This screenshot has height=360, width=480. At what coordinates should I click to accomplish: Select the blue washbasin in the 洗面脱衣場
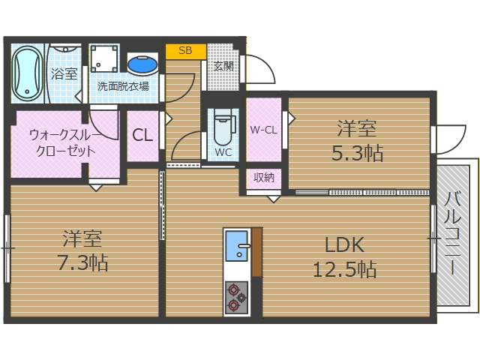coord(142,64)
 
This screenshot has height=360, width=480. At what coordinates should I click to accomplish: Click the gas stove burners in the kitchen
coord(238,296)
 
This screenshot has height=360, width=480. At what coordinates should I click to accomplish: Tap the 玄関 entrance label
coord(223,65)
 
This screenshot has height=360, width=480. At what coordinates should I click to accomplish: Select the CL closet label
coord(142,136)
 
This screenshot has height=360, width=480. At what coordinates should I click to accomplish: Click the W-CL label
coord(263,129)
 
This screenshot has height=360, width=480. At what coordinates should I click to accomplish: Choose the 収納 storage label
coord(263,178)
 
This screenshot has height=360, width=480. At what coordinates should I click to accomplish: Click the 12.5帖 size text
coord(344,268)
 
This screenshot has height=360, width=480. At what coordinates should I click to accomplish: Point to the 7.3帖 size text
coord(82,263)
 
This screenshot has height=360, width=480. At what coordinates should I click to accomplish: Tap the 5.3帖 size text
coord(358,154)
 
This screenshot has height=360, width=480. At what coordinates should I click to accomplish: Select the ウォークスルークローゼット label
coord(62,142)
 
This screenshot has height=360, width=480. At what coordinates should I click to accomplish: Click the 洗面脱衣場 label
coord(123,86)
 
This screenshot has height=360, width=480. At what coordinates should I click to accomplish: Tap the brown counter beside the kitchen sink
coord(257,251)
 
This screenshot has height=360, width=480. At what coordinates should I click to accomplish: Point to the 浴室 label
coord(64,73)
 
